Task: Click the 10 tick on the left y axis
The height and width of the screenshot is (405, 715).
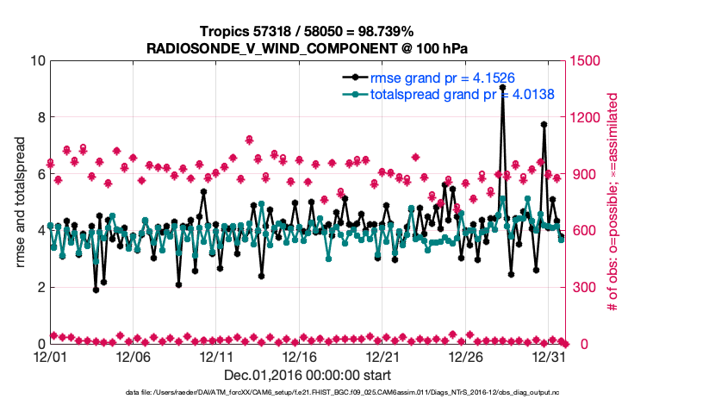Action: pyautogui.click(x=37, y=61)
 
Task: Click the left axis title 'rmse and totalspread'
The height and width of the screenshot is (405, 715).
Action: pyautogui.click(x=20, y=202)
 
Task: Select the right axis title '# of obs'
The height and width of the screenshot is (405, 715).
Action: pyautogui.click(x=612, y=202)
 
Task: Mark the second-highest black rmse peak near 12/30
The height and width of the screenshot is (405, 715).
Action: pyautogui.click(x=544, y=124)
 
